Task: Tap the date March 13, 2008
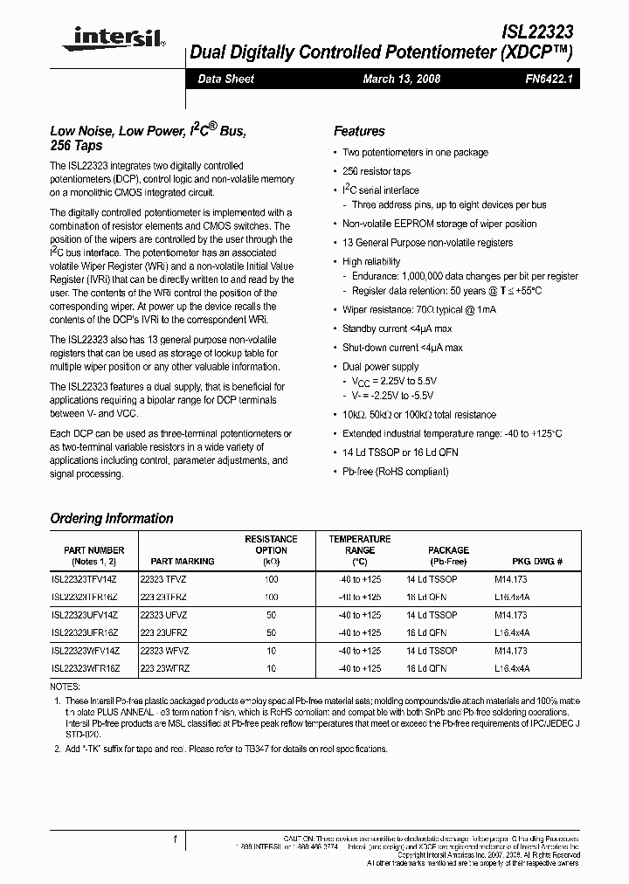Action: pos(401,79)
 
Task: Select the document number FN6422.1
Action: pos(546,79)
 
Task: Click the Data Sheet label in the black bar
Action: pos(225,79)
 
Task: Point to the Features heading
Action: pos(359,131)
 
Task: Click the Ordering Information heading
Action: pos(112,519)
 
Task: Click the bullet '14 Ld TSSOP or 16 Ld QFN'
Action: pos(400,452)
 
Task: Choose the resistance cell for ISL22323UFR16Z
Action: pos(271,632)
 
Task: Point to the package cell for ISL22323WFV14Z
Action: pos(432,651)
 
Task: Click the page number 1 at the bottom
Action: pos(175,839)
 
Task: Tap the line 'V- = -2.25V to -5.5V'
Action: pos(393,396)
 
